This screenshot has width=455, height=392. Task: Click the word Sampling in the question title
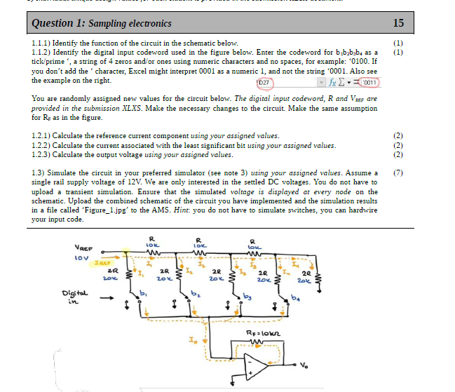pos(103,24)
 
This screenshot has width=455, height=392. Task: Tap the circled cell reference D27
pos(264,82)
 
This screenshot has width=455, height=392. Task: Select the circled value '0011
pos(369,82)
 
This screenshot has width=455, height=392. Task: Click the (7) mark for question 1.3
pos(398,173)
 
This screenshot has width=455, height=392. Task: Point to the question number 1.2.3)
pos(45,155)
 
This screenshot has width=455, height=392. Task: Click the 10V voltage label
pos(83,259)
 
